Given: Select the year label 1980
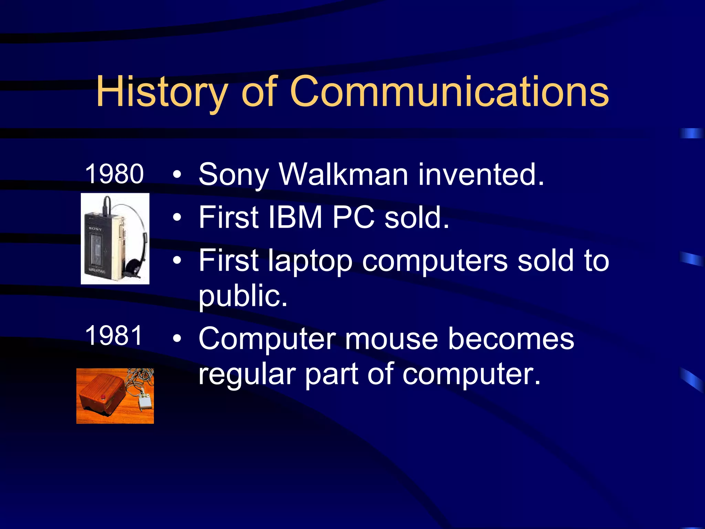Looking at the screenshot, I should [114, 174].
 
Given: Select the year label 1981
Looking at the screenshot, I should [114, 335].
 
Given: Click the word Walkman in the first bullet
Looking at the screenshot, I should [343, 175].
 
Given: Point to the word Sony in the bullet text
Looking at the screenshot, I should [233, 176].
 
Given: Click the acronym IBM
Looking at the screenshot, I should [295, 218].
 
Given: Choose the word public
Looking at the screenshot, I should [243, 296].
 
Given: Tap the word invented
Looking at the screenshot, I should [481, 175].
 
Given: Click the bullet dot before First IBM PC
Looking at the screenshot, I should [177, 218].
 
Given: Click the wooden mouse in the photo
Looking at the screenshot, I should [102, 393].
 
